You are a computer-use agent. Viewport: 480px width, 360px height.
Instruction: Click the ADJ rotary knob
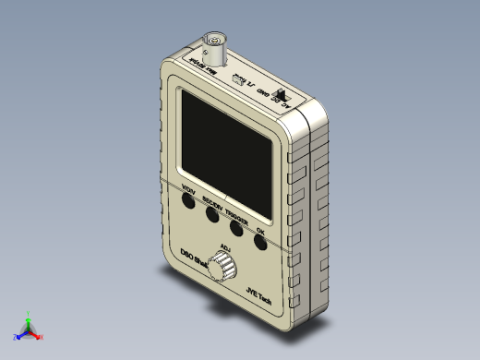(x=222, y=268)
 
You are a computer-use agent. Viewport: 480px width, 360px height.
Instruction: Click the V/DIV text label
(x=188, y=191)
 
